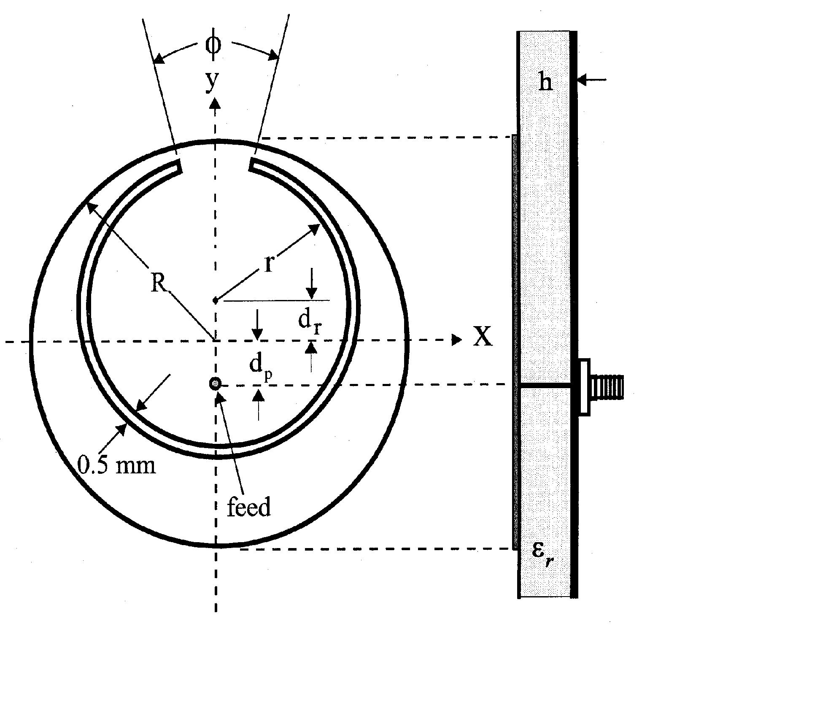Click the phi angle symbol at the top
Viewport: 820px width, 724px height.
(213, 44)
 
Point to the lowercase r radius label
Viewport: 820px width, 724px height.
(269, 265)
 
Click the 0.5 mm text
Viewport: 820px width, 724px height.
(117, 465)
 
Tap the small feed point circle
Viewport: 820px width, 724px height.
(216, 384)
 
